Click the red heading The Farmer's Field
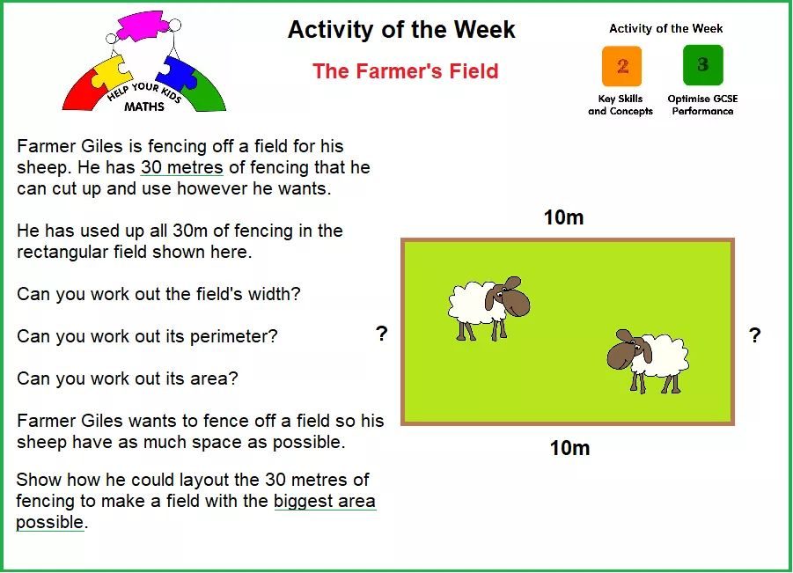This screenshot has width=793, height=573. (x=405, y=70)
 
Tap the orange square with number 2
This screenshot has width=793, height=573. (x=621, y=66)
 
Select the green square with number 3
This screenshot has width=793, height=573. (x=703, y=65)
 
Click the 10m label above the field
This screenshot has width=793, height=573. (x=563, y=217)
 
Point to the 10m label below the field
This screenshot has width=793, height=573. (x=569, y=448)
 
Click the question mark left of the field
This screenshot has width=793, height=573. (x=382, y=334)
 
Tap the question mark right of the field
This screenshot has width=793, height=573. (x=754, y=334)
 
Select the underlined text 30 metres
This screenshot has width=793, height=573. (x=181, y=167)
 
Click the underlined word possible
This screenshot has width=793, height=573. (x=49, y=523)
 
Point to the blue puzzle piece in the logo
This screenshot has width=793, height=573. (x=173, y=73)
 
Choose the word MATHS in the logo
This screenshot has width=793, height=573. (x=144, y=107)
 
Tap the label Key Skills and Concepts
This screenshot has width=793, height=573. (x=620, y=106)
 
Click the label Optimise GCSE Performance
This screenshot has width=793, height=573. (x=702, y=106)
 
